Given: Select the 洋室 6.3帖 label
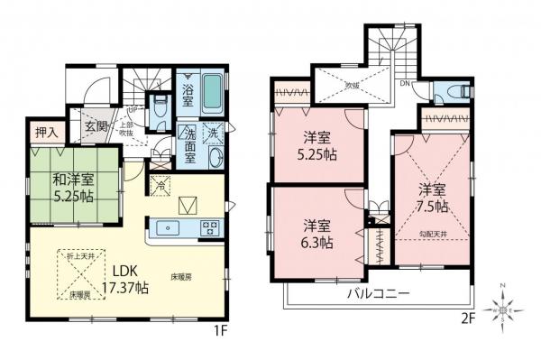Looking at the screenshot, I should (316, 234).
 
